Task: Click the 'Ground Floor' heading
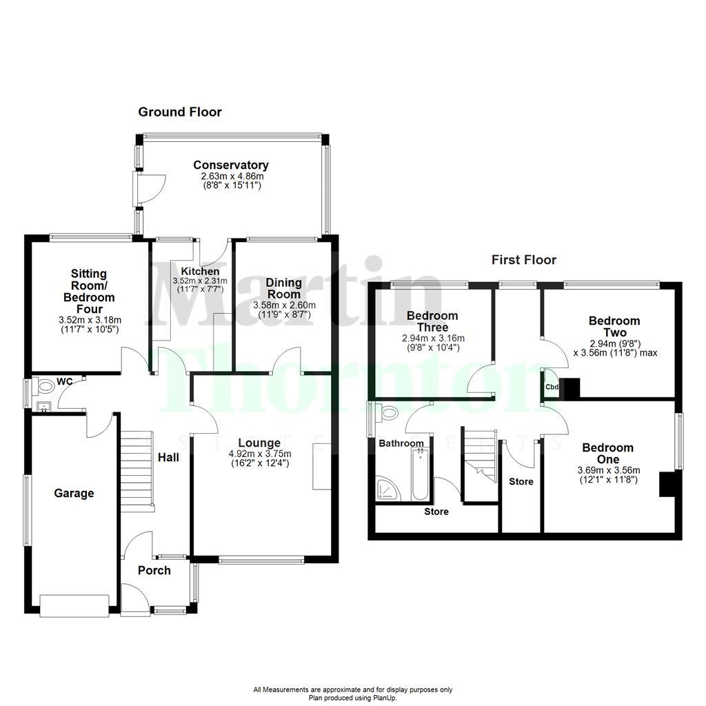(x=180, y=112)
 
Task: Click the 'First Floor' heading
(x=523, y=260)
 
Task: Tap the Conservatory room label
(x=230, y=165)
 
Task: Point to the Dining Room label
(x=284, y=288)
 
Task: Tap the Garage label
(x=74, y=494)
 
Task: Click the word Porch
(x=154, y=570)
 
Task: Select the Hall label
(x=168, y=458)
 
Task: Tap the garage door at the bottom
(x=74, y=605)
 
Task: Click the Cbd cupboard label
(x=552, y=387)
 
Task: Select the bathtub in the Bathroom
(x=419, y=474)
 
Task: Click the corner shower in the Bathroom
(x=389, y=488)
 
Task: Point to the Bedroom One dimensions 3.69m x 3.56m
(x=607, y=471)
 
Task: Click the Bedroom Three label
(x=432, y=321)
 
